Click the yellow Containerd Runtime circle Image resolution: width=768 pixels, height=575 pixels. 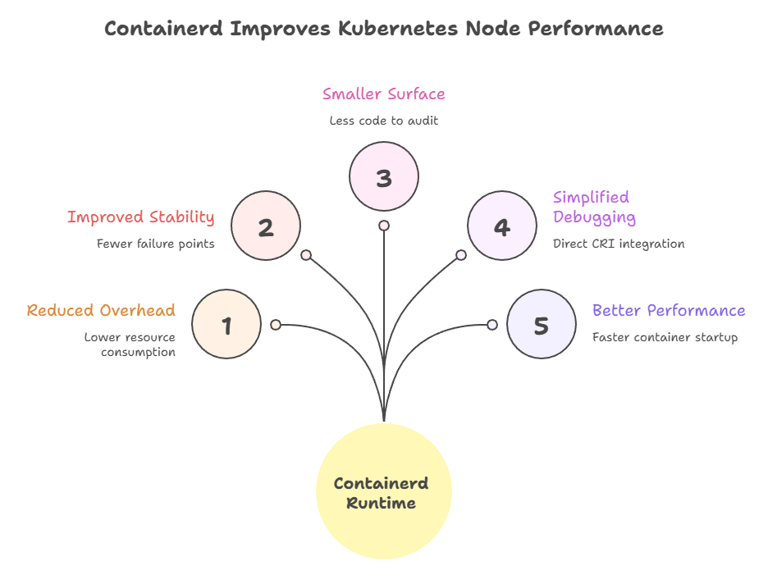click(x=383, y=491)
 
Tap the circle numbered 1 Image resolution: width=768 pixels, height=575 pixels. click(x=226, y=325)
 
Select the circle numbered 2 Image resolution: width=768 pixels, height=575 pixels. click(x=266, y=226)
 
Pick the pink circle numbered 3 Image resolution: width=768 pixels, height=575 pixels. click(x=384, y=177)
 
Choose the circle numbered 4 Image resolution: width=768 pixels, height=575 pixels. click(x=502, y=226)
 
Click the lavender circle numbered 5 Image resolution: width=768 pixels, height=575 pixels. click(x=541, y=325)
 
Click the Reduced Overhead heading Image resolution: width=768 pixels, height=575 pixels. click(x=101, y=310)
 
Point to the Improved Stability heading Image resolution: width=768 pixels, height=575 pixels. click(x=140, y=217)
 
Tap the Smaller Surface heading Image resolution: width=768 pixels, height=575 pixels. click(x=384, y=94)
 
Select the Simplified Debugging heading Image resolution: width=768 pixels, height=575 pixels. click(x=594, y=207)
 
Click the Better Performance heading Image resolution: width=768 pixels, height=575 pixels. click(x=669, y=310)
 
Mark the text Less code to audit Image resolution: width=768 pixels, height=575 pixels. click(x=384, y=121)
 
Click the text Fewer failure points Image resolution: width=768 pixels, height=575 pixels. click(x=155, y=243)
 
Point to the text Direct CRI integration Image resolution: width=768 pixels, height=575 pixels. click(x=618, y=243)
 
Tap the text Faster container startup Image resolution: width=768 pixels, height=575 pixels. click(x=665, y=336)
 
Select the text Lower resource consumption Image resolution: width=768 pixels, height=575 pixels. click(x=130, y=345)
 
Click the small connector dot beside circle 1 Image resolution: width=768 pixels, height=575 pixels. click(x=276, y=325)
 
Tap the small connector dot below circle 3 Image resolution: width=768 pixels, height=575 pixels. click(x=384, y=226)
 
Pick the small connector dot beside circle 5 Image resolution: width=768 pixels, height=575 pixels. click(x=492, y=325)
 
